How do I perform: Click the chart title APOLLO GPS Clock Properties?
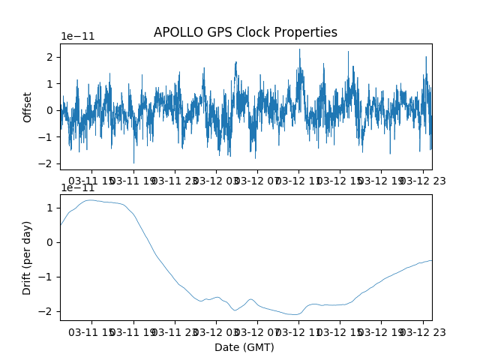[245, 32]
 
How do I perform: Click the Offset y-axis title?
[27, 107]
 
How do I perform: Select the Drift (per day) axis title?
[27, 258]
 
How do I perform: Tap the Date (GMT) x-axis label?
[244, 347]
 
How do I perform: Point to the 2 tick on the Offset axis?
[49, 57]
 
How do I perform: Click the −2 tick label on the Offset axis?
[45, 163]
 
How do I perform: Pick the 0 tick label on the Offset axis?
[49, 110]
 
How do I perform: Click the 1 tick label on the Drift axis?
[49, 208]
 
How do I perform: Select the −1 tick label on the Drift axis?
[45, 277]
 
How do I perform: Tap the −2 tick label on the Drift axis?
[45, 312]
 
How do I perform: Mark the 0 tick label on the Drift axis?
[49, 242]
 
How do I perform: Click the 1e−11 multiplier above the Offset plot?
[78, 37]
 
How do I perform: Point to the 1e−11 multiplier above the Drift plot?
[78, 187]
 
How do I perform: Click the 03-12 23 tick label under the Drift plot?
[423, 332]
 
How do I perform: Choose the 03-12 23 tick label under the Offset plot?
[423, 181]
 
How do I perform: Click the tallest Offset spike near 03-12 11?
[300, 49]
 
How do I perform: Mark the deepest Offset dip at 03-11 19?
[133, 163]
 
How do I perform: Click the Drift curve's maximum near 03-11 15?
[90, 200]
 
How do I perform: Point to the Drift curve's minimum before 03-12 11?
[295, 314]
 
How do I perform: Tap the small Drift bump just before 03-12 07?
[250, 299]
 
